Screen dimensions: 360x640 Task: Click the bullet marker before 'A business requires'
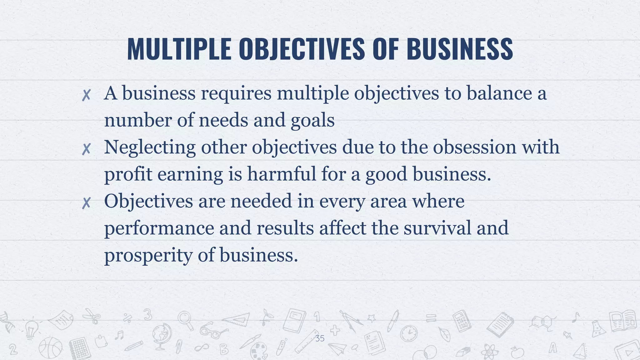point(86,95)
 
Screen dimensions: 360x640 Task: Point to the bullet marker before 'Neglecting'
point(86,149)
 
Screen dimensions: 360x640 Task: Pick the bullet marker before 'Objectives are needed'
point(86,203)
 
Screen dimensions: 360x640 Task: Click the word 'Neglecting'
point(150,147)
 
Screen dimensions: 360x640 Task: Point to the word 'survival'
point(437,228)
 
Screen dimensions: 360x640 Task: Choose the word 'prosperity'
point(148,255)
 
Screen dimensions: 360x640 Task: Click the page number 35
point(320,338)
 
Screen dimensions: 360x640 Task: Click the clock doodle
point(409,334)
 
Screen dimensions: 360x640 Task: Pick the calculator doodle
point(462,321)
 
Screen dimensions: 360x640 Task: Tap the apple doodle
point(517,352)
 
